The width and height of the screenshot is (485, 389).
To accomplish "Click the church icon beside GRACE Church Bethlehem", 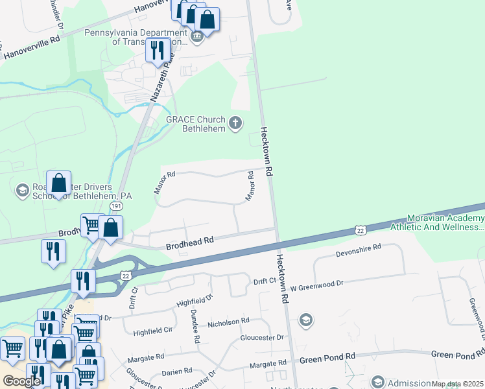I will [x=236, y=123].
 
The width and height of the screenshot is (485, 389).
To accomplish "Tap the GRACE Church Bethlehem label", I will [x=195, y=124].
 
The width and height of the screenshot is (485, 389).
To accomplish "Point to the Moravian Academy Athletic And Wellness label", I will [x=436, y=223].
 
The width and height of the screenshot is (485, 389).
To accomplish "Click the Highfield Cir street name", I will [x=153, y=331].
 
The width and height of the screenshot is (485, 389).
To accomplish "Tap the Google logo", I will [x=21, y=381].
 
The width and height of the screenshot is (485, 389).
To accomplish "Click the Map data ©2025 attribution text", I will [x=457, y=384].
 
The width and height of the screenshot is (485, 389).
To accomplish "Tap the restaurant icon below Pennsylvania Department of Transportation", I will [x=158, y=50].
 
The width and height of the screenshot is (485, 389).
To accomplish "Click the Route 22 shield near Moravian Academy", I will [x=360, y=230].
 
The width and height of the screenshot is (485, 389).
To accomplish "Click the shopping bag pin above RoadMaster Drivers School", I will [x=58, y=183].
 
